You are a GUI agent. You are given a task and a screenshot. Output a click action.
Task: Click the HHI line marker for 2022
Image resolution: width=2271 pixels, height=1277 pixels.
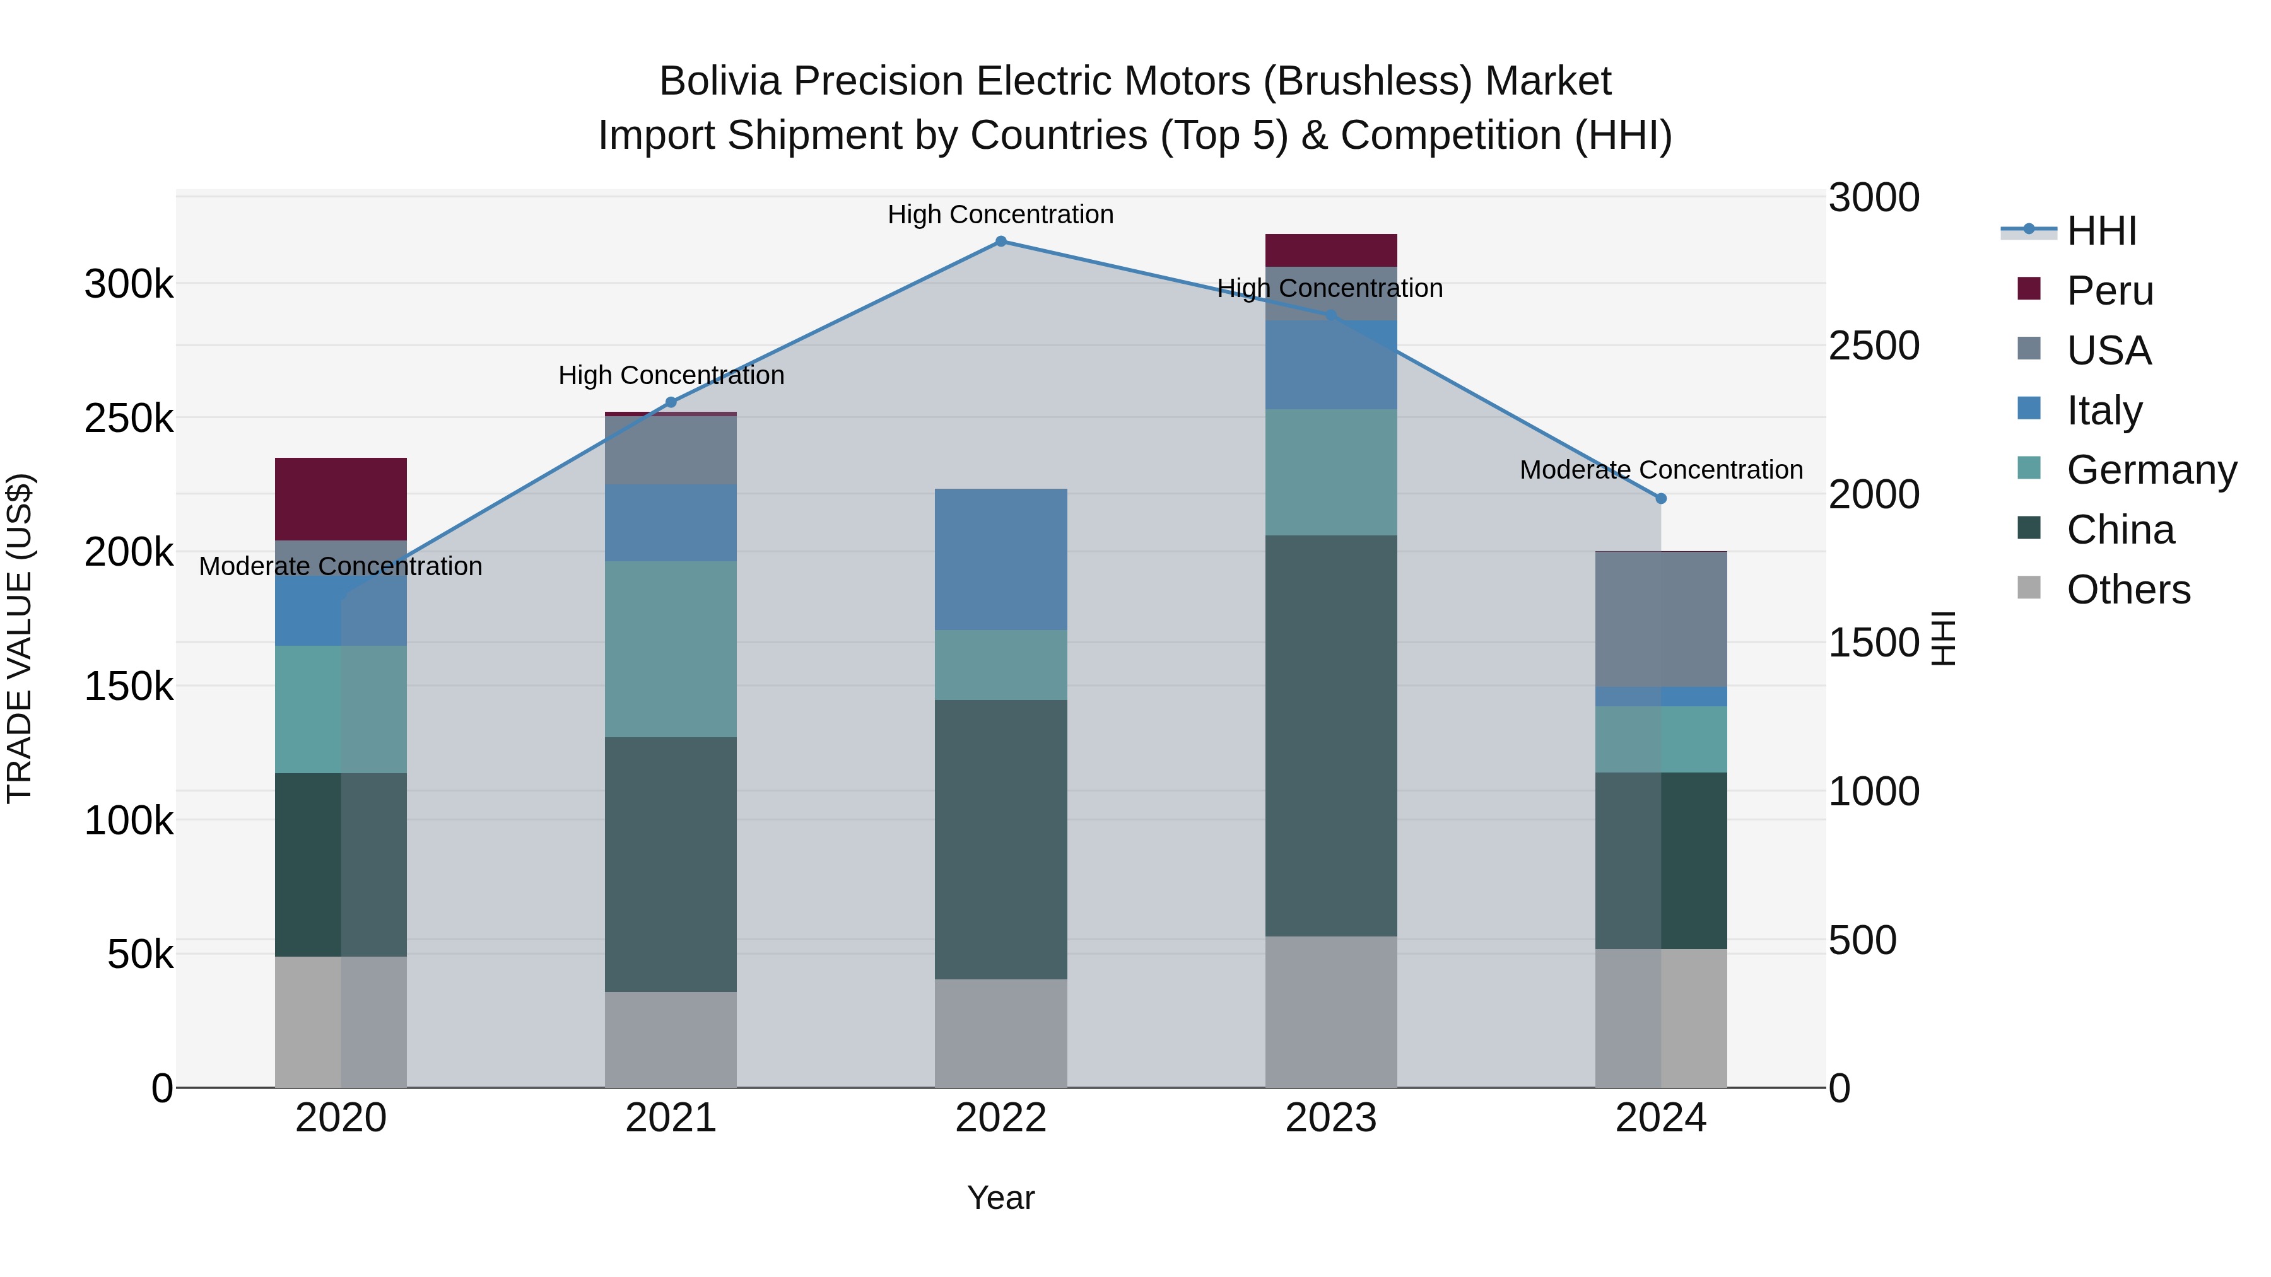(x=1001, y=242)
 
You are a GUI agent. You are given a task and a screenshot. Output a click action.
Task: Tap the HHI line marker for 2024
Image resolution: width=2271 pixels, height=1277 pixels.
(x=1661, y=499)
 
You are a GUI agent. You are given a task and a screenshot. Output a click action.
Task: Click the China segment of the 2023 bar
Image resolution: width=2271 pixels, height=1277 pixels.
(x=1330, y=735)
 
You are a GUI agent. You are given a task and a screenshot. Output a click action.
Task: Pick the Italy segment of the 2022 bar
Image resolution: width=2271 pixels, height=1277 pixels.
(x=1001, y=559)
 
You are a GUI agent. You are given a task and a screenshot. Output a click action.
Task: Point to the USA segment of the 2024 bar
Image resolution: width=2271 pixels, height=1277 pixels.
(x=1661, y=619)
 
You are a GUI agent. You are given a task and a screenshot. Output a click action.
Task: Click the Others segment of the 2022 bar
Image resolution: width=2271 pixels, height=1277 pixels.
(x=1001, y=1033)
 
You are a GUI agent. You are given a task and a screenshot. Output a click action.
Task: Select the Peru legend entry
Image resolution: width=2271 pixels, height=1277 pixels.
(x=2109, y=291)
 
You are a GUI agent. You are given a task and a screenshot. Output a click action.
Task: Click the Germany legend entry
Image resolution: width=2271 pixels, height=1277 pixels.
(x=2151, y=470)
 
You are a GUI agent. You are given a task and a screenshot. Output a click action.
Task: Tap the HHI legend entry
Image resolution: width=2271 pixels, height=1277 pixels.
(x=2101, y=231)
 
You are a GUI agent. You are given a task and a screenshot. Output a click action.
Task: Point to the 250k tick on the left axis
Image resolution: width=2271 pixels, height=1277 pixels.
(x=129, y=419)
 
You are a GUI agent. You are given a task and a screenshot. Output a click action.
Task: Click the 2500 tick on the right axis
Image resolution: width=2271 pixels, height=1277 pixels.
(x=1874, y=346)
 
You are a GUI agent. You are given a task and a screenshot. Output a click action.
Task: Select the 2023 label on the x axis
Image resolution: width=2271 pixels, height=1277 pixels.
(x=1330, y=1118)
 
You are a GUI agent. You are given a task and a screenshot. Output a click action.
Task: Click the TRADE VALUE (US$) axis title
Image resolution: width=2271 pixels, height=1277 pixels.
(x=20, y=638)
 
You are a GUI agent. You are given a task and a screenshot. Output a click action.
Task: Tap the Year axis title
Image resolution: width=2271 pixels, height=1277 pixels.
(x=1001, y=1198)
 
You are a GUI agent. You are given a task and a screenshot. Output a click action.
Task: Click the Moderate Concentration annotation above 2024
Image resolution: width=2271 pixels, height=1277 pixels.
(x=1661, y=470)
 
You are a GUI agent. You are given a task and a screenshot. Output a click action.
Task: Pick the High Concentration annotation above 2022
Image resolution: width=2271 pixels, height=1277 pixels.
(x=1001, y=214)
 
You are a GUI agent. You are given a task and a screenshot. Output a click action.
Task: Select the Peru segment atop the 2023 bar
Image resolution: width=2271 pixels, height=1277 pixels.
(x=1330, y=250)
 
